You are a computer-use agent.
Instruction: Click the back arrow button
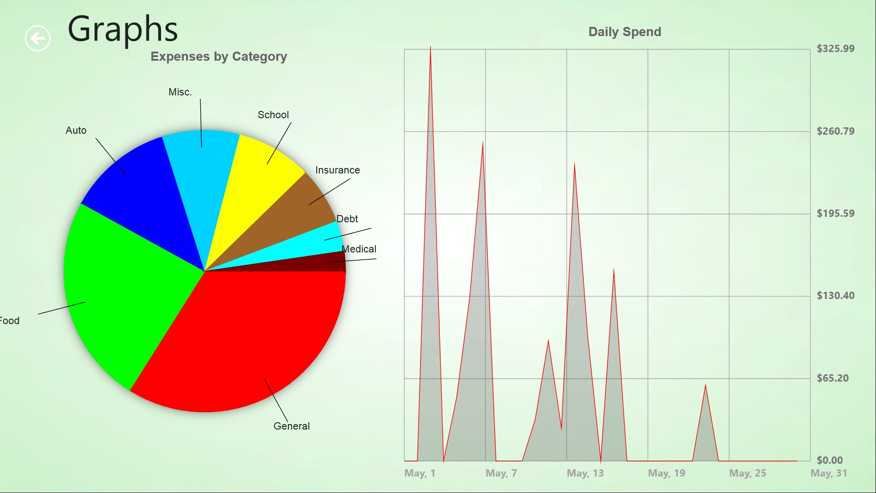tap(37, 38)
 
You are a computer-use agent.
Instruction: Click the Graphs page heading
tap(122, 29)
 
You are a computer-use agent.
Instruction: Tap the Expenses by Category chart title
tap(219, 57)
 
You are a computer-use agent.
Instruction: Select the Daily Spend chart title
tap(624, 32)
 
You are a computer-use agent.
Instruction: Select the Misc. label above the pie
tap(180, 92)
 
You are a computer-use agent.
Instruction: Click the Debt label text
tap(347, 219)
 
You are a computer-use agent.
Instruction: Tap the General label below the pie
tap(292, 426)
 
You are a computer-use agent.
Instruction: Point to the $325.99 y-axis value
tap(835, 49)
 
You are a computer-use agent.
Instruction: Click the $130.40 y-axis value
tap(835, 296)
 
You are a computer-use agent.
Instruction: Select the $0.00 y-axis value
tap(829, 460)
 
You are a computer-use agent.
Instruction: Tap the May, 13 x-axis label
tap(585, 473)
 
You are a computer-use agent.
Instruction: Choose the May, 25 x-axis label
tap(747, 473)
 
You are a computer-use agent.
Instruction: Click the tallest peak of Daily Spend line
tap(430, 47)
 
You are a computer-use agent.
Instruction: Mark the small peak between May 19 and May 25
tap(705, 386)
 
